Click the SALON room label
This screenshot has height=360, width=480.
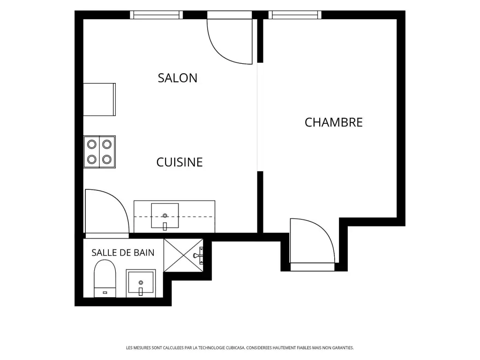click(x=178, y=78)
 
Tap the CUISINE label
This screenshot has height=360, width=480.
click(x=180, y=162)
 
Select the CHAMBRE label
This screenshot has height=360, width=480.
click(x=334, y=122)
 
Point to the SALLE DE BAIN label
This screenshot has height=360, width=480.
click(x=123, y=253)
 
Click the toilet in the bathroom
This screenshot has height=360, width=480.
click(x=105, y=278)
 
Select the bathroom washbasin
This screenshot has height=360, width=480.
click(x=141, y=283)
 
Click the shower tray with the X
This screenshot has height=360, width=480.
click(x=183, y=255)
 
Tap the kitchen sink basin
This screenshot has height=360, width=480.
click(x=165, y=216)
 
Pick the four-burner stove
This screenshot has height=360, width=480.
click(x=99, y=152)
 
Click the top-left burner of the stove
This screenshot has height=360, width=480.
click(x=91, y=144)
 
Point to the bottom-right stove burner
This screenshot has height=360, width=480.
click(x=106, y=159)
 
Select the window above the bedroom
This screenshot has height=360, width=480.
click(x=295, y=15)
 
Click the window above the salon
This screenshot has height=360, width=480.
click(x=157, y=15)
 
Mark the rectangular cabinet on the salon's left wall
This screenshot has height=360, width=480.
click(x=99, y=99)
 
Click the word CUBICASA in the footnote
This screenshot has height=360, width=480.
click(x=235, y=348)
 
